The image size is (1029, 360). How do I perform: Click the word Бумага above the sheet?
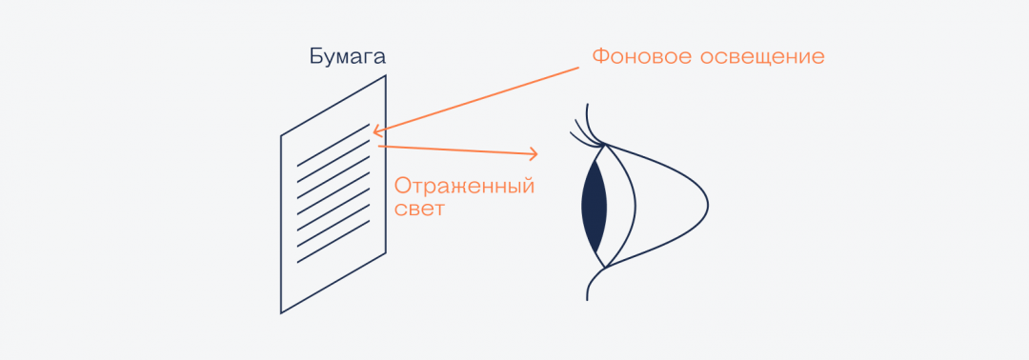[348, 56]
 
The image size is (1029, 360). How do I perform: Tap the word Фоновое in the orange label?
[636, 56]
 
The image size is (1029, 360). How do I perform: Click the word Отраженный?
[464, 185]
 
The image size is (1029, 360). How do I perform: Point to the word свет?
[419, 208]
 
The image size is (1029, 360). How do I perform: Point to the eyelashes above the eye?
[582, 130]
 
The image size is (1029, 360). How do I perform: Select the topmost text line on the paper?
[333, 144]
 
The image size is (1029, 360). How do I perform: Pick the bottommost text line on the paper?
[333, 245]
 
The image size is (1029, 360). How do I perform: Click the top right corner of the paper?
[385, 75]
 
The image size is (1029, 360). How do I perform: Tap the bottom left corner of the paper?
[281, 312]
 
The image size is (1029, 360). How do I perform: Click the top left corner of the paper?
[281, 136]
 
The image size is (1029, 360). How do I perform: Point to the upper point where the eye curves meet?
[602, 144]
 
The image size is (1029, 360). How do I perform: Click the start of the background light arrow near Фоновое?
[578, 68]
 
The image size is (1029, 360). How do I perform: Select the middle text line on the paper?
[333, 194]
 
